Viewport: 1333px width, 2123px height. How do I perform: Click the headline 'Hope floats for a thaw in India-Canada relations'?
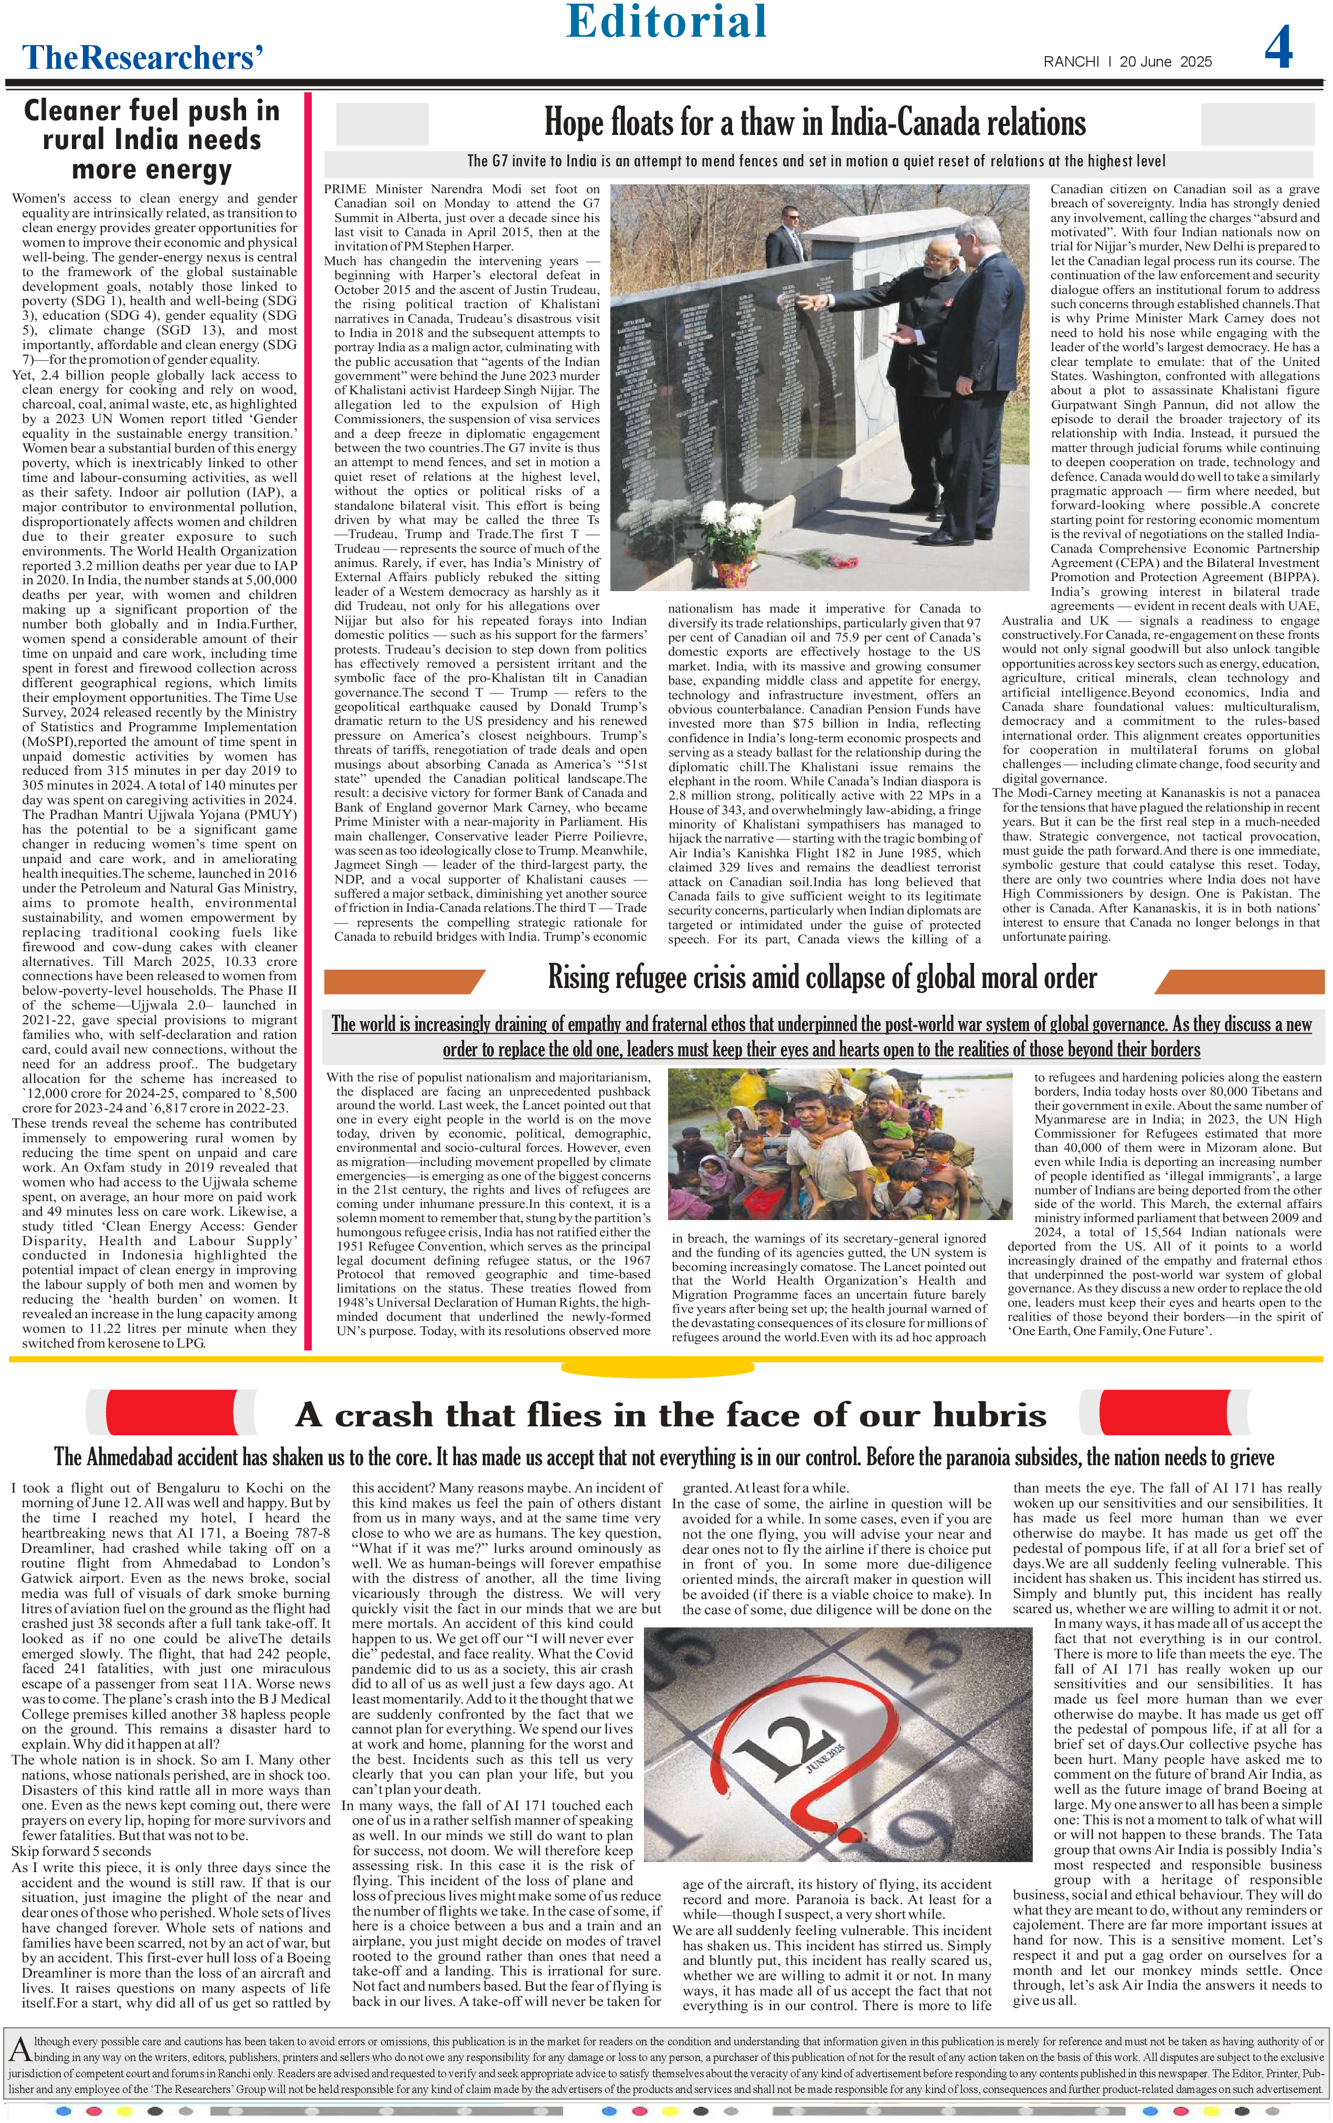(x=814, y=122)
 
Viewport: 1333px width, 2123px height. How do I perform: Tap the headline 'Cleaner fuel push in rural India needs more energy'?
(x=152, y=139)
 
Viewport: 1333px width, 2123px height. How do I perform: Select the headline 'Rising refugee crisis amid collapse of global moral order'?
(x=822, y=978)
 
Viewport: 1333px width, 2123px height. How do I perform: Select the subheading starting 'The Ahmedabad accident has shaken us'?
(x=664, y=1456)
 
